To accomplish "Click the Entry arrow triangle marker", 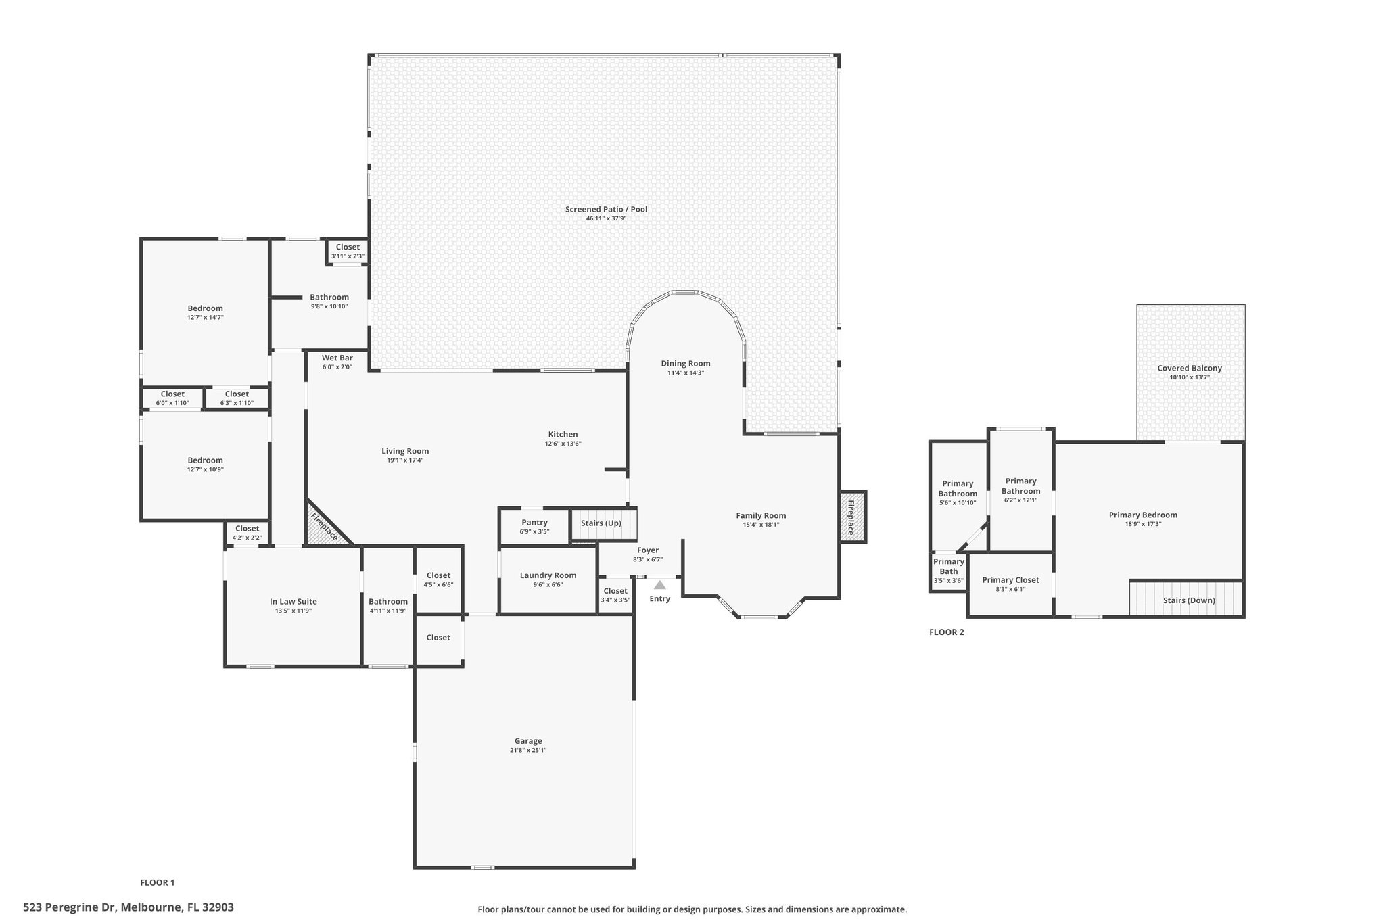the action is (x=659, y=585).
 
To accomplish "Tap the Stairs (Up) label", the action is (x=601, y=523).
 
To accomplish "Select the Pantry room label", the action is (x=534, y=522).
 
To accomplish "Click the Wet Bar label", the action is (x=337, y=358).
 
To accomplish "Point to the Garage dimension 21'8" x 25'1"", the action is (x=528, y=750).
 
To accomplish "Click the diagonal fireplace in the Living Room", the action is (x=327, y=525).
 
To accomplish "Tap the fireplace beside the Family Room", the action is (x=853, y=517).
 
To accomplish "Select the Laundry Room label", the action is (x=548, y=575).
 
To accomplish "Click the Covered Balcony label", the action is (x=1190, y=369).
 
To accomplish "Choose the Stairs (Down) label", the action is (x=1189, y=600).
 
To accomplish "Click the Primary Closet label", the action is (x=1010, y=580).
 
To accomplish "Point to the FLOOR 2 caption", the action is (x=947, y=632).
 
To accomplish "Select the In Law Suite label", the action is (x=294, y=602).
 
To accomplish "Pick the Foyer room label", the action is (x=648, y=550).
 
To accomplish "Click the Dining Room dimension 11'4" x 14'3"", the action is (x=686, y=373).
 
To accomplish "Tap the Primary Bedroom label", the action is (x=1143, y=515).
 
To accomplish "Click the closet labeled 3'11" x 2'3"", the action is (x=348, y=252).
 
